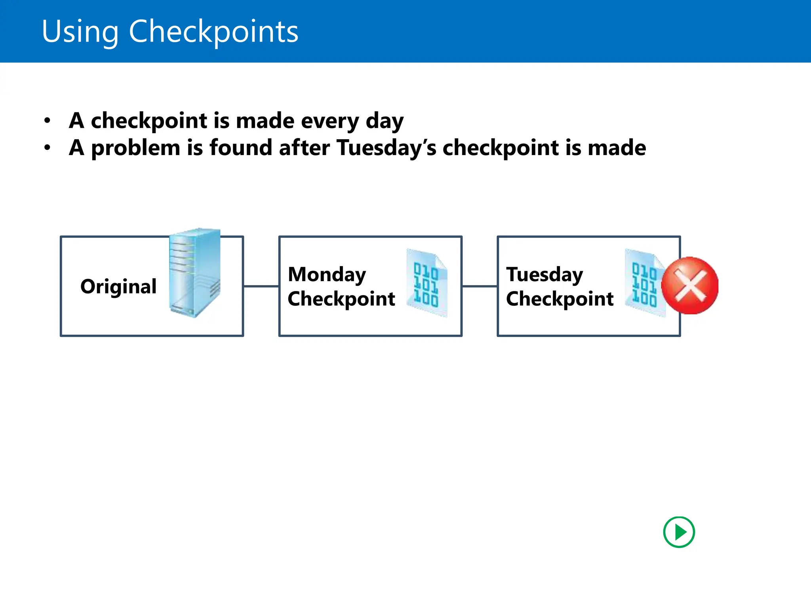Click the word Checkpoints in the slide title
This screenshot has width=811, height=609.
(x=213, y=31)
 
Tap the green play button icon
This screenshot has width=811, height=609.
(x=679, y=532)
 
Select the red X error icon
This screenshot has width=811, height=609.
(x=690, y=285)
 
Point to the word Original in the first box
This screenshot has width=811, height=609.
(x=118, y=286)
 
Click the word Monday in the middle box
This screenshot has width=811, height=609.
(x=327, y=274)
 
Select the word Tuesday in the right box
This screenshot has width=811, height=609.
(x=544, y=274)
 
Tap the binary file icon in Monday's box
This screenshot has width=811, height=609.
(x=427, y=283)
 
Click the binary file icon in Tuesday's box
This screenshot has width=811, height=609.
(x=644, y=283)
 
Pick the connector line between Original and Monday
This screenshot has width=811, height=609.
(x=261, y=286)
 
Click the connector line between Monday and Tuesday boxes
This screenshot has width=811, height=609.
(x=480, y=286)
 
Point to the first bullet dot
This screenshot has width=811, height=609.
(x=48, y=120)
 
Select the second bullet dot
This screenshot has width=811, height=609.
(x=48, y=147)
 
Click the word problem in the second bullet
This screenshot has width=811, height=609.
(x=136, y=148)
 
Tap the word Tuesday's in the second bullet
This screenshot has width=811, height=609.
(x=386, y=148)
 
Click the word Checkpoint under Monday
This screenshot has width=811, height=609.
(x=341, y=299)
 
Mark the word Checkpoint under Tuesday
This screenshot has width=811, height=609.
(x=560, y=299)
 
